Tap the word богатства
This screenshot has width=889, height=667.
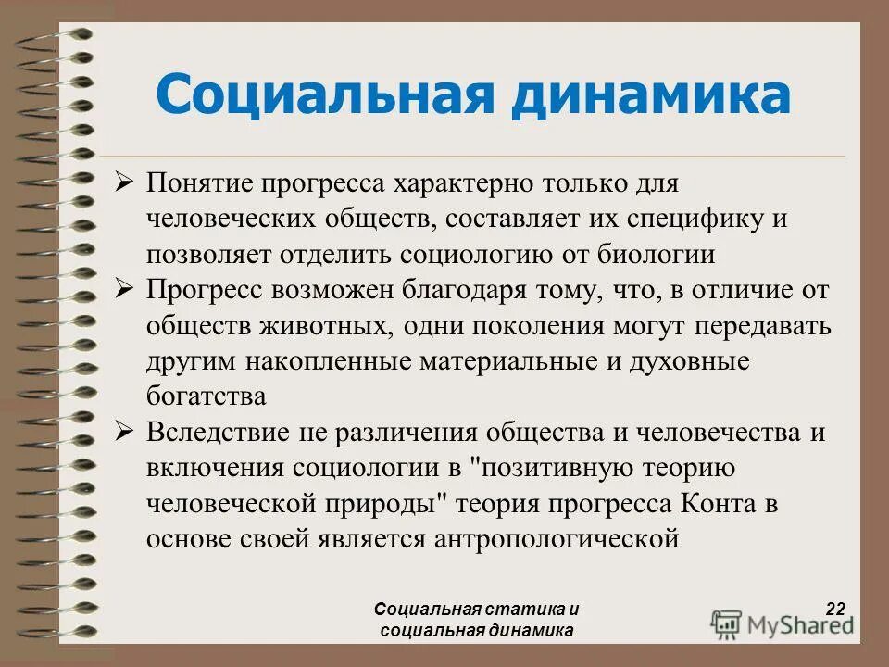(206, 396)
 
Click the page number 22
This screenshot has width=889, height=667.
(835, 609)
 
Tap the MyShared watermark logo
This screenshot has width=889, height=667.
(783, 623)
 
